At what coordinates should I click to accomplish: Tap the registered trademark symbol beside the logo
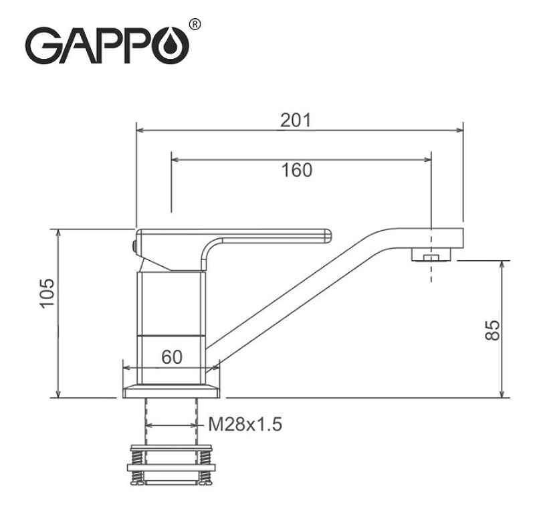coord(195,25)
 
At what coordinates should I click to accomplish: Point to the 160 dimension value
coord(296,170)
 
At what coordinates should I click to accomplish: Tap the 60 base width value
coord(172,357)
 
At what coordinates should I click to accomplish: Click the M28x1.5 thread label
coord(245,424)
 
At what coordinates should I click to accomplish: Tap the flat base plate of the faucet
coord(171,389)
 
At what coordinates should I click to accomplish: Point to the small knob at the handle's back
coord(134,246)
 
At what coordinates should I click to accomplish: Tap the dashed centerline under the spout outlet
coord(432,271)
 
